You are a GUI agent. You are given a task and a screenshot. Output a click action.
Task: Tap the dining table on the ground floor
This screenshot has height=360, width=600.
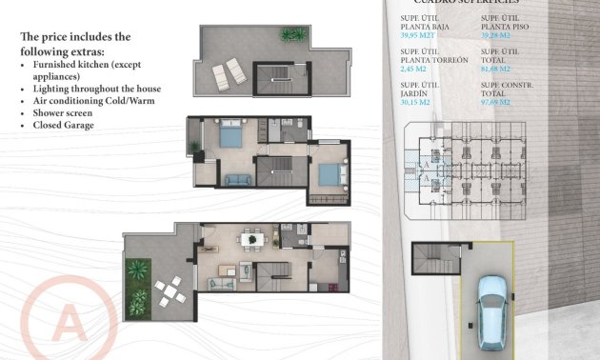tap(250, 239)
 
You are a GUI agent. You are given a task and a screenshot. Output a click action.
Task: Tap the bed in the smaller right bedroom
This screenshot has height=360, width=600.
tap(327, 174)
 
